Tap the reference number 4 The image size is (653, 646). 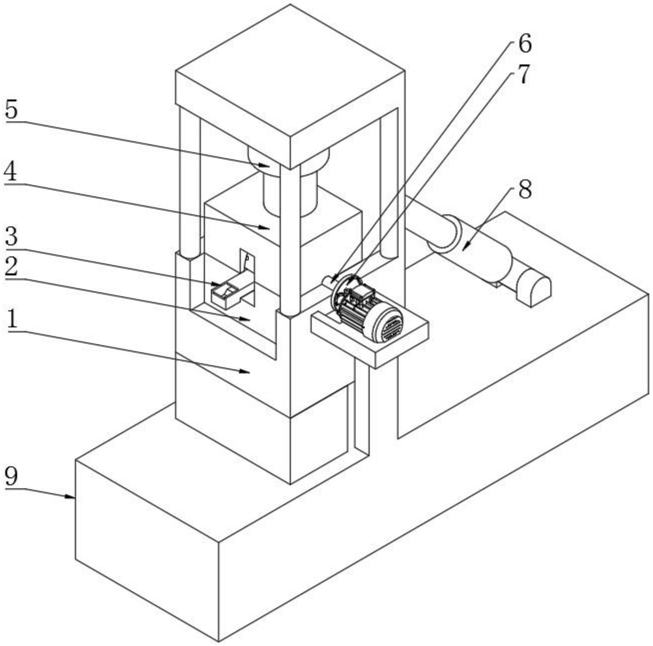[10, 172]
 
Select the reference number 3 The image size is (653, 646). [11, 236]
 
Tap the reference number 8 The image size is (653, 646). [525, 189]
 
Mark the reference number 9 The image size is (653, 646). [11, 476]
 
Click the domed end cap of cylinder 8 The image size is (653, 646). [533, 287]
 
